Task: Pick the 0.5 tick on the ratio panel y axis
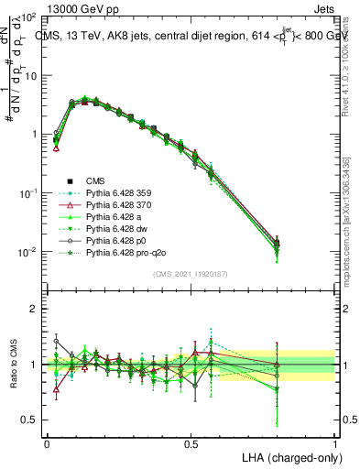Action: coord(30,420)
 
